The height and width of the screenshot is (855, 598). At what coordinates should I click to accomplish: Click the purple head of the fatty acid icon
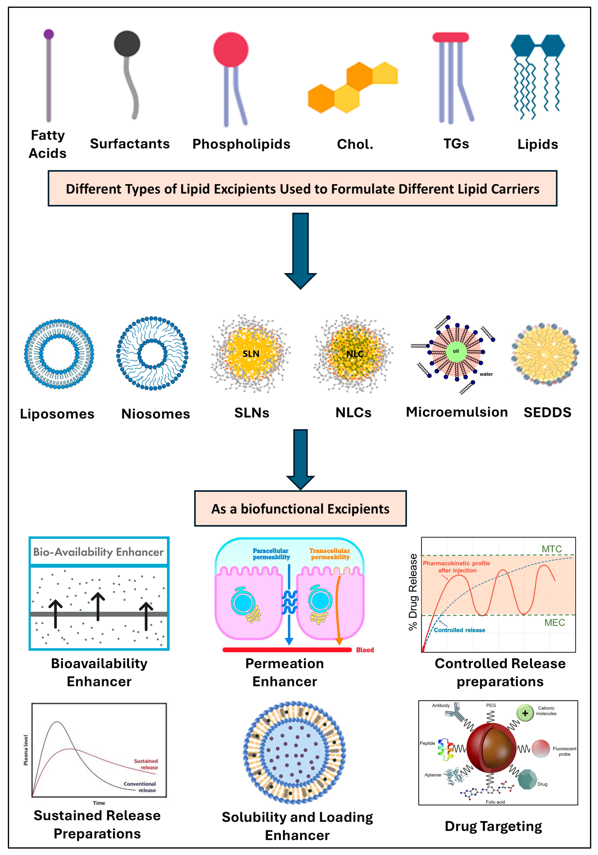(48, 34)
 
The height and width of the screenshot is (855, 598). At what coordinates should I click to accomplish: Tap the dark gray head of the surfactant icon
(127, 44)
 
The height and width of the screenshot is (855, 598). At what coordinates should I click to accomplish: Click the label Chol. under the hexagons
(355, 144)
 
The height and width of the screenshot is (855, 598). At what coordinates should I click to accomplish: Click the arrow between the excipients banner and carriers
(300, 250)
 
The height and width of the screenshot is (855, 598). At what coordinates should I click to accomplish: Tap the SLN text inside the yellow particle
(251, 354)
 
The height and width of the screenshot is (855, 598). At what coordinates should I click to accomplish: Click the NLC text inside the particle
(355, 354)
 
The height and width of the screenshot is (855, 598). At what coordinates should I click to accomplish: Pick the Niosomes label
(156, 414)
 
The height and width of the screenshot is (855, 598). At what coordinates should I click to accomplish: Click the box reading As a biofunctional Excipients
(300, 509)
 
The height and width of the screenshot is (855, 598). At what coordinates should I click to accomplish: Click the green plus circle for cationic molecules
(525, 713)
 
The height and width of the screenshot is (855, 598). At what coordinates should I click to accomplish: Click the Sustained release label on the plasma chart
(146, 764)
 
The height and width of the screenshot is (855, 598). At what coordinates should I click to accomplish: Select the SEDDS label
(547, 412)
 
